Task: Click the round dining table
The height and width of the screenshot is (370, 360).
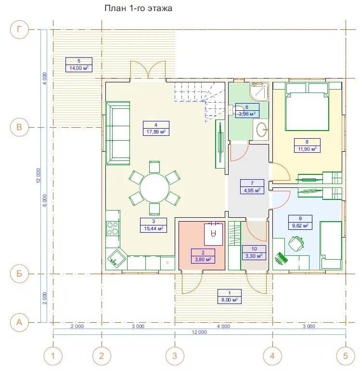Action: [x=154, y=188]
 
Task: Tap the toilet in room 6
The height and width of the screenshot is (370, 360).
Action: [x=236, y=110]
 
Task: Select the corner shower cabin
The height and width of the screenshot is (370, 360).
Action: [x=259, y=91]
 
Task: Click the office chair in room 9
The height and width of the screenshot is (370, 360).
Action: [x=296, y=243]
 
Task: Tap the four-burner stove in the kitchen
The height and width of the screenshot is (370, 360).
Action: [x=113, y=228]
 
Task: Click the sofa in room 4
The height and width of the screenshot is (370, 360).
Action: [x=118, y=133]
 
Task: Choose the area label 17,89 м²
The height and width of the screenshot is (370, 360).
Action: [x=156, y=132]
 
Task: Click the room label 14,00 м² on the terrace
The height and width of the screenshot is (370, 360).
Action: [x=79, y=68]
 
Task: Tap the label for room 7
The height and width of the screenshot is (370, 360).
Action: [x=252, y=186]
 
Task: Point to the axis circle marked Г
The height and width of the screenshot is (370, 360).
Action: [x=19, y=29]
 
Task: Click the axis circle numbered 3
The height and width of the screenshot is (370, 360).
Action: [x=175, y=356]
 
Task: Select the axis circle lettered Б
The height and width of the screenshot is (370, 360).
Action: [x=19, y=274]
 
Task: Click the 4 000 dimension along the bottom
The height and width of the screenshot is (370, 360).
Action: [x=223, y=326]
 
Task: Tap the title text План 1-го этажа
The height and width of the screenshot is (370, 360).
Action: [x=139, y=8]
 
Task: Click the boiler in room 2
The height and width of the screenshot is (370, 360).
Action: [x=213, y=234]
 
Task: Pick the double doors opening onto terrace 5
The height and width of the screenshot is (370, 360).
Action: [x=148, y=70]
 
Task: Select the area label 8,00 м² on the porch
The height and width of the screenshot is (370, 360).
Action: [x=230, y=300]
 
